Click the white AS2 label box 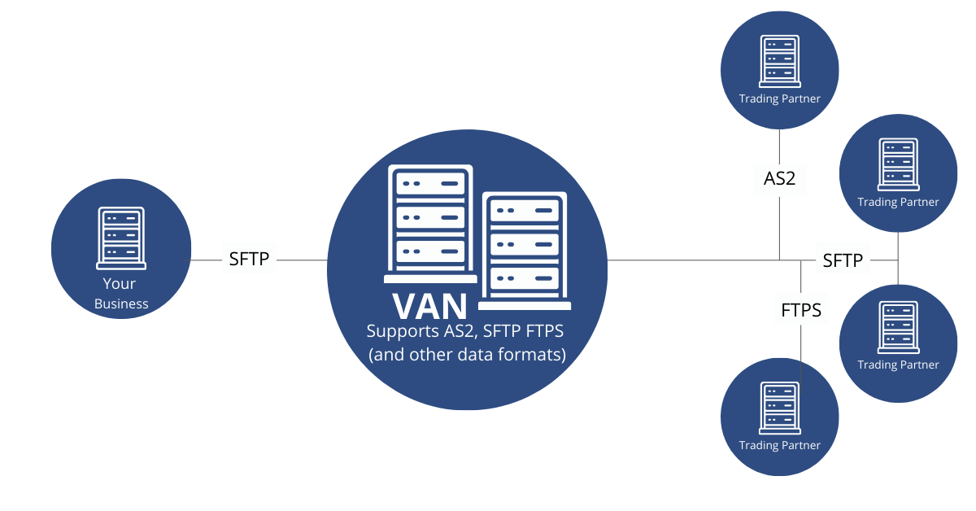click(x=779, y=178)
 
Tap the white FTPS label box click(x=800, y=309)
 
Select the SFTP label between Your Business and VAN click(x=249, y=260)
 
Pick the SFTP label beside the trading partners click(x=843, y=260)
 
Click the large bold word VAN click(x=429, y=306)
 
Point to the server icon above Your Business click(x=121, y=238)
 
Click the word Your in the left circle click(x=120, y=284)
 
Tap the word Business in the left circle click(x=121, y=304)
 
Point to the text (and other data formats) click(x=467, y=355)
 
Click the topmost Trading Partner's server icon click(x=779, y=60)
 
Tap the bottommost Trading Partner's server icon click(x=779, y=407)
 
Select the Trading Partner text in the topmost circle click(x=779, y=99)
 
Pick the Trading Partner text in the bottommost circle click(x=779, y=445)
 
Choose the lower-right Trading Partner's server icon click(x=898, y=326)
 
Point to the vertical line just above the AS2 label click(x=779, y=146)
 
